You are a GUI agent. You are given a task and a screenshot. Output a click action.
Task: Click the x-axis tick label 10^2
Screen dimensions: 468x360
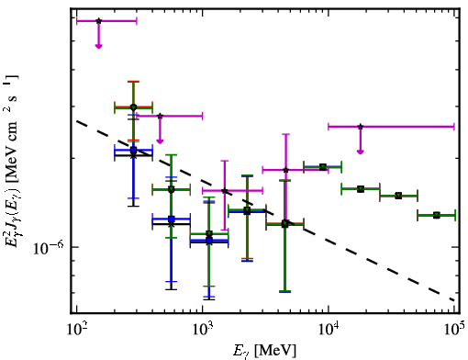(x=76, y=330)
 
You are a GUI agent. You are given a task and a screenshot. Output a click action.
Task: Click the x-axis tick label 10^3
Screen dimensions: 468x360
(x=202, y=330)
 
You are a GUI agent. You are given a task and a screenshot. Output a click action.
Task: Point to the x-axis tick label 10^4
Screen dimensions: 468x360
(x=329, y=330)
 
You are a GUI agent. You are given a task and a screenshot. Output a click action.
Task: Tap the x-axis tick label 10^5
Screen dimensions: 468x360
(x=454, y=330)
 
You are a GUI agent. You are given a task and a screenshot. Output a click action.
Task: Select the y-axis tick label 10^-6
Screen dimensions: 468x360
(x=49, y=248)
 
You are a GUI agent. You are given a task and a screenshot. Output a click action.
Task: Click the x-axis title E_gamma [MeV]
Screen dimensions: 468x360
(x=264, y=350)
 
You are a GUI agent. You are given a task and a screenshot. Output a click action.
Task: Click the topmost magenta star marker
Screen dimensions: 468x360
(x=98, y=21)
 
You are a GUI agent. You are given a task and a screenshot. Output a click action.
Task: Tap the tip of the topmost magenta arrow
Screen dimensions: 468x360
(x=98, y=48)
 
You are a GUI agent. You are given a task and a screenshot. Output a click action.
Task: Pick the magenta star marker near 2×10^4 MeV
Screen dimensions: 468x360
(x=361, y=127)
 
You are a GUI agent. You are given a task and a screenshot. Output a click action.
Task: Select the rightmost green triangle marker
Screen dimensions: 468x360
(x=437, y=215)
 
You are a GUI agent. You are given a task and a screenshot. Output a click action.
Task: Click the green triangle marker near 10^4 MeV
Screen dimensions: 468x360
(x=322, y=167)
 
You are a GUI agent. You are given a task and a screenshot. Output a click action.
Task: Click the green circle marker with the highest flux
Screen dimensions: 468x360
(x=133, y=107)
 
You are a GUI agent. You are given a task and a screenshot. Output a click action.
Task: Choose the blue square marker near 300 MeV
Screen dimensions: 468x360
(x=133, y=150)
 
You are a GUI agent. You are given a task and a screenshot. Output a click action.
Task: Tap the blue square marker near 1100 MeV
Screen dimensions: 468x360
(x=209, y=241)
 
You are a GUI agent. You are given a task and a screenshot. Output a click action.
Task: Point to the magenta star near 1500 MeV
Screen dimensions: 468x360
(x=225, y=191)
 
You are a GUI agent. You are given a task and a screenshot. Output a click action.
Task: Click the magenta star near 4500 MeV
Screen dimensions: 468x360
(x=285, y=170)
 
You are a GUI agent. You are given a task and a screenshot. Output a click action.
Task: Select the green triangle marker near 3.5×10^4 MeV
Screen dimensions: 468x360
(x=398, y=196)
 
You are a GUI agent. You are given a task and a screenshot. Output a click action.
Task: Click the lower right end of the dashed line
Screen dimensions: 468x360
(x=454, y=300)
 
